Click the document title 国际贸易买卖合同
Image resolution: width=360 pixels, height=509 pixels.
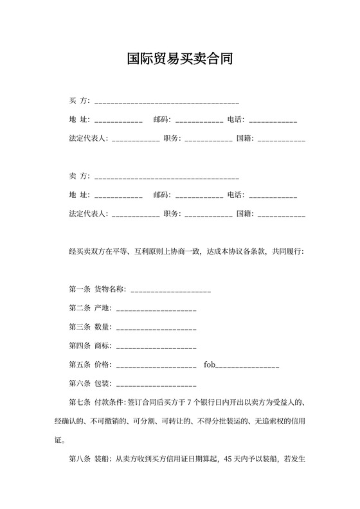179,60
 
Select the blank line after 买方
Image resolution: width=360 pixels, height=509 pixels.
166,102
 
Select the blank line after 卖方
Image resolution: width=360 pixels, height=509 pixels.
166,177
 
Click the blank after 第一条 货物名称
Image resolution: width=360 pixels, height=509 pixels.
170,290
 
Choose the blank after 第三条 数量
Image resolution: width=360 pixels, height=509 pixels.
156,328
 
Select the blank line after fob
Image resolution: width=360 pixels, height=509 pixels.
247,366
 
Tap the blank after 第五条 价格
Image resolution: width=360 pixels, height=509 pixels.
156,366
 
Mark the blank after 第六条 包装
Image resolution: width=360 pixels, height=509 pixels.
156,384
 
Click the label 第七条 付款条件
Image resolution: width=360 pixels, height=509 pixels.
97,403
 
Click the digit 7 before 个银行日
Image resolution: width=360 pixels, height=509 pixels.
188,403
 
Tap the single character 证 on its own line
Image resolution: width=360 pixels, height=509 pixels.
59,441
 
